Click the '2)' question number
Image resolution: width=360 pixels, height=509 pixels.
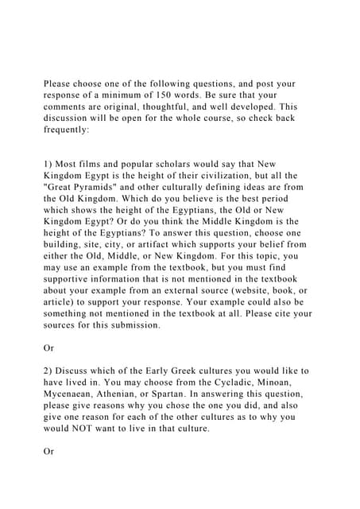48,371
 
